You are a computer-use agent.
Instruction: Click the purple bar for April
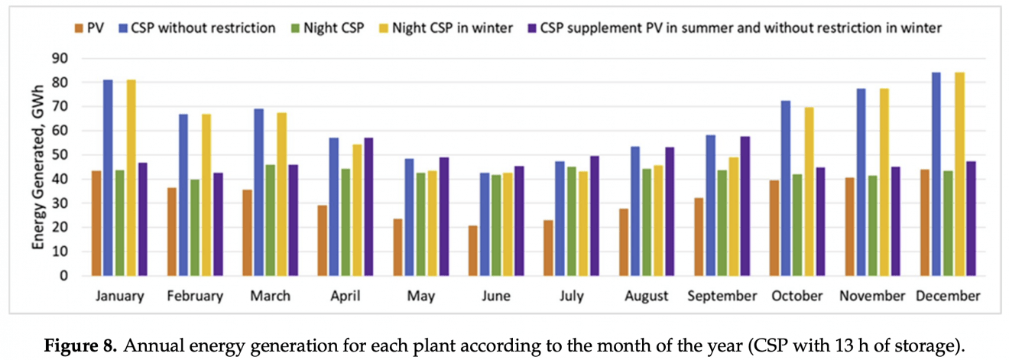coord(369,206)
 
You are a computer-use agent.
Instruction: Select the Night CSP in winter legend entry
coord(446,28)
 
